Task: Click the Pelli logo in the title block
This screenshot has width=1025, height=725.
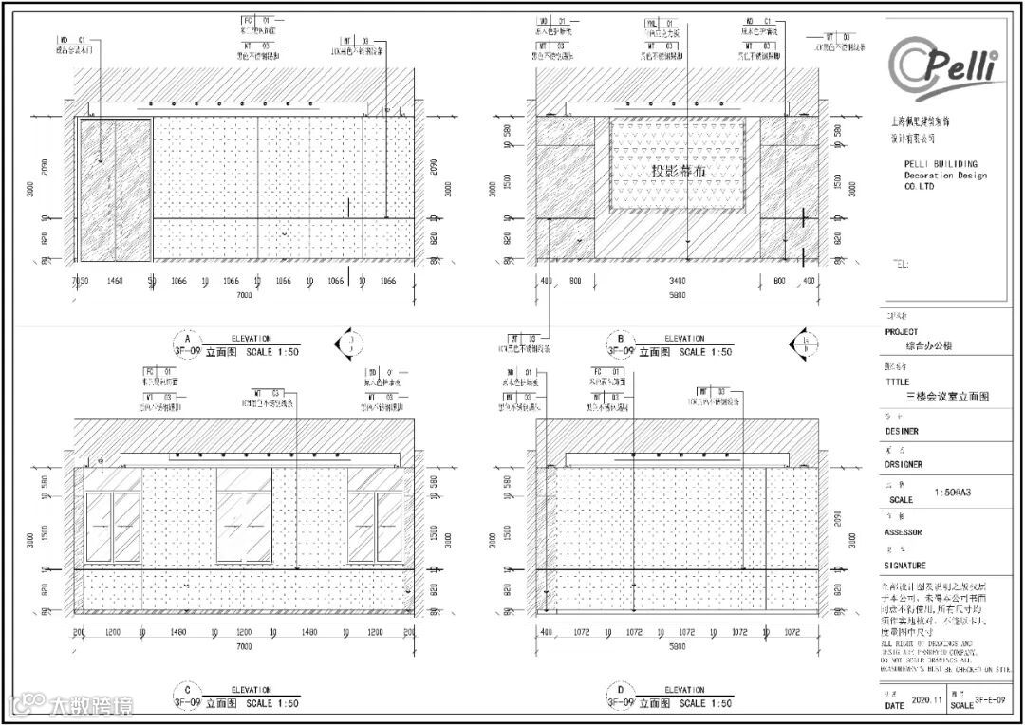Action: click(x=944, y=65)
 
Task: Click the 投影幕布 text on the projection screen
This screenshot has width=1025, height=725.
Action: click(x=679, y=171)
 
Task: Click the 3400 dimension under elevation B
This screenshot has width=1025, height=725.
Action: click(x=678, y=282)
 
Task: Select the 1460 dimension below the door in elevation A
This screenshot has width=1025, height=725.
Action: click(x=115, y=282)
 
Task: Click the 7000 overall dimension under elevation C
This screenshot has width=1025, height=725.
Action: click(x=244, y=646)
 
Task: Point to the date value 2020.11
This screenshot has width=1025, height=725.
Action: click(x=927, y=699)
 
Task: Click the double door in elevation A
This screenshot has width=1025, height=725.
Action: click(x=115, y=189)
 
